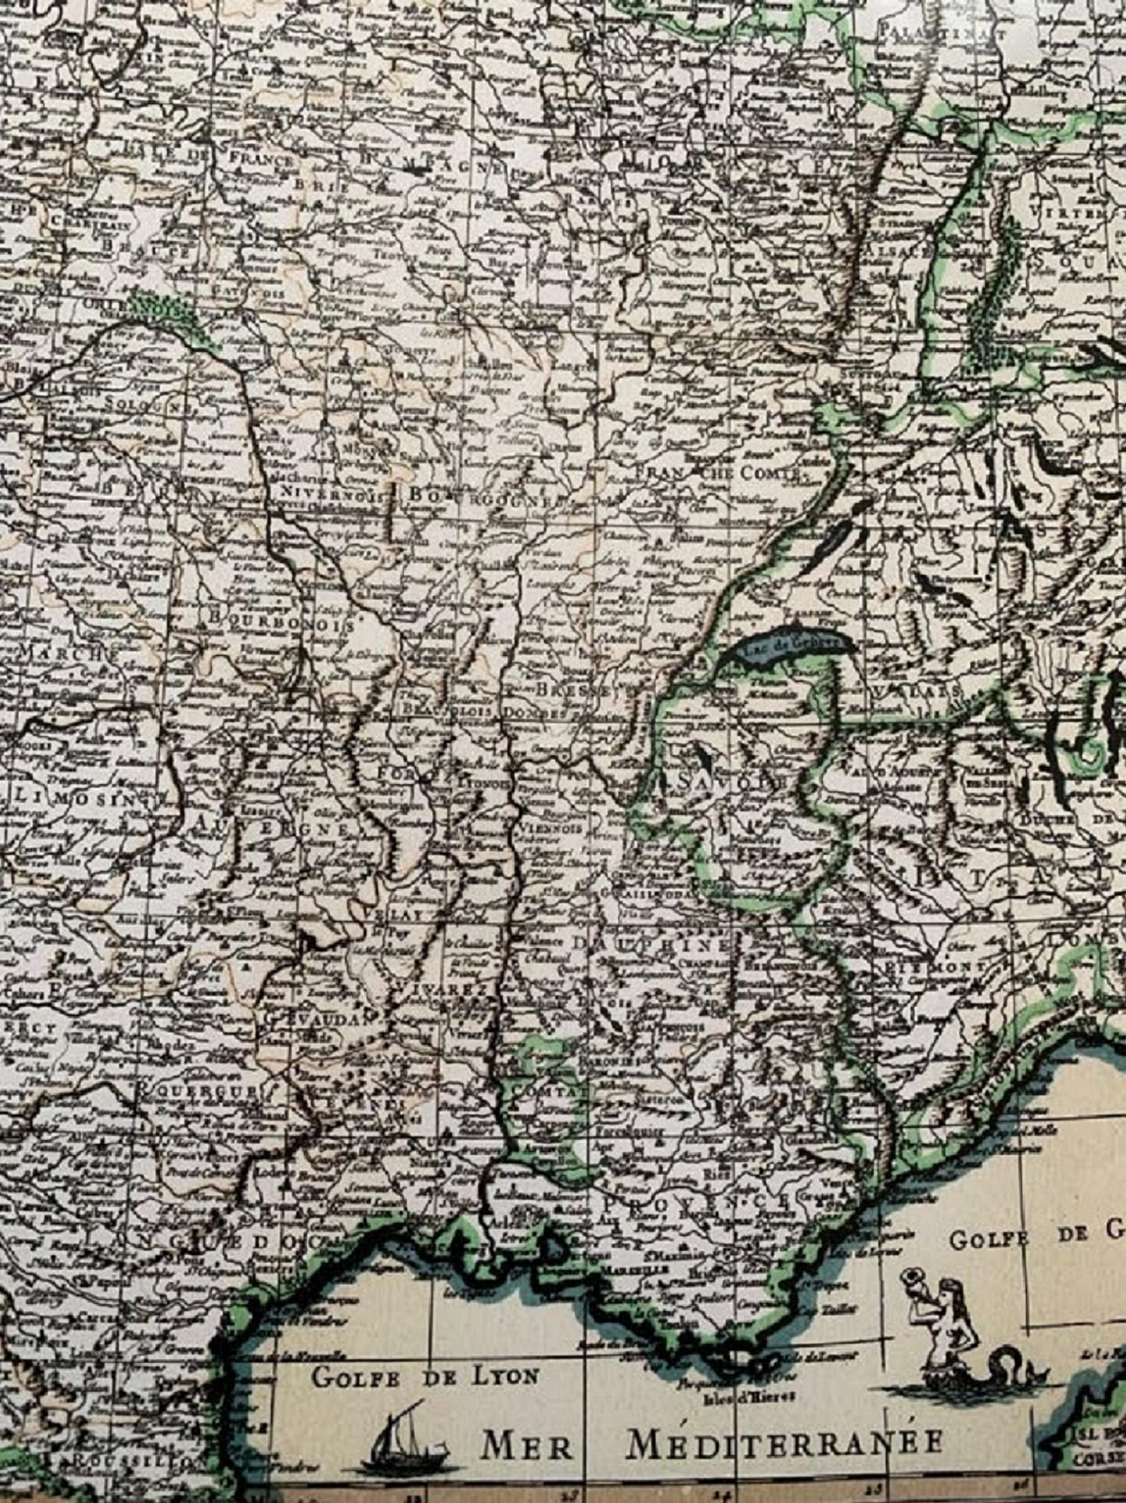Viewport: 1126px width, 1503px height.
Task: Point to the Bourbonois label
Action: (282, 621)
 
